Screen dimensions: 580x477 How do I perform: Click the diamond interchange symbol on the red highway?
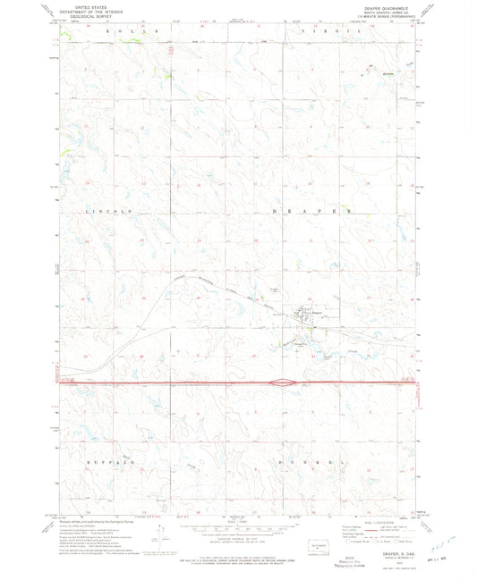coord(283,383)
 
